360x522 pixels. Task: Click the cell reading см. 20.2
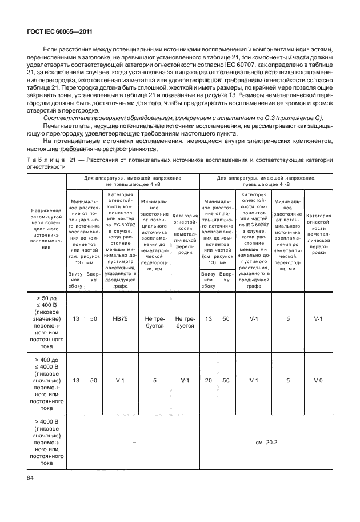click(266, 441)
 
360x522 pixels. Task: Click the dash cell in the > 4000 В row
click(133, 441)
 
